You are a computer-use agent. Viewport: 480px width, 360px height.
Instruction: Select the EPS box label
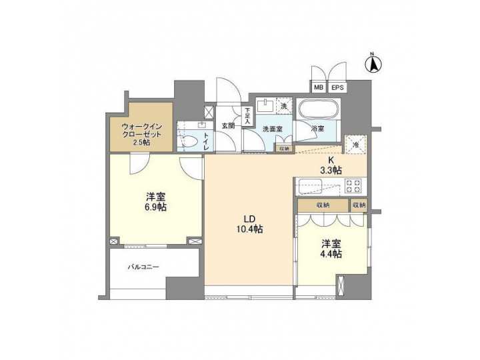(337, 87)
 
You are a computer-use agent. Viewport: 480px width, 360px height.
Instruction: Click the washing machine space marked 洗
(283, 106)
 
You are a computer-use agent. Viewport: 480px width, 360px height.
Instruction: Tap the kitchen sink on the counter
(311, 185)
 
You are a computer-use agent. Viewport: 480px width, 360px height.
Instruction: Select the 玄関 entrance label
(227, 125)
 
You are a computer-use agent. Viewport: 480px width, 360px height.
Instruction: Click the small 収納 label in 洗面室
(284, 149)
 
